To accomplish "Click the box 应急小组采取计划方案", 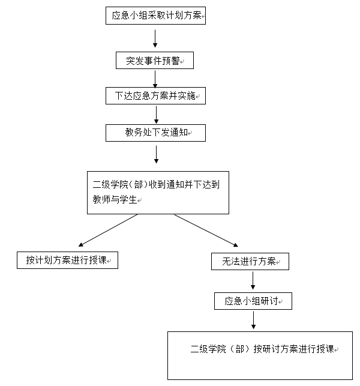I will (156, 16).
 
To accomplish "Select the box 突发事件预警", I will (155, 61).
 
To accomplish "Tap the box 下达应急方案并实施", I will (155, 96).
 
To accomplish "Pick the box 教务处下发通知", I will (155, 133).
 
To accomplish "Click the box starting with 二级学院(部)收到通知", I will (158, 192).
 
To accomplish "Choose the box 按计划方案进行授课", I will (67, 260).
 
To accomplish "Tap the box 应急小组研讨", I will (253, 301).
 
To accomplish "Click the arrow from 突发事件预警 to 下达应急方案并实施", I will (155, 79).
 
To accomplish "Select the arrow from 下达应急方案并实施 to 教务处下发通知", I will (156, 114).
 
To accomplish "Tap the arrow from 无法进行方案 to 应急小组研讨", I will (253, 280).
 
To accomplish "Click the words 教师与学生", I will (112, 200).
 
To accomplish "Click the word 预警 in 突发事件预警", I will (170, 61).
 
